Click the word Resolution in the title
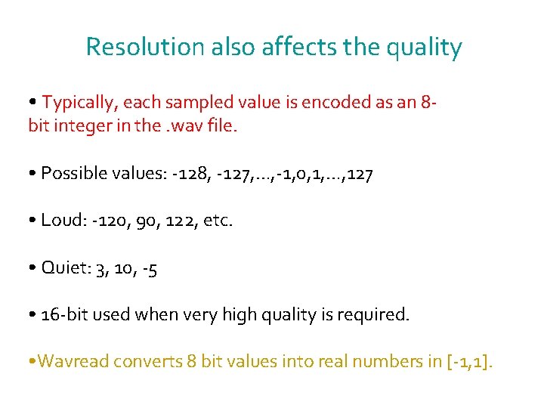coord(144,47)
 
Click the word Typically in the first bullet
coord(79,102)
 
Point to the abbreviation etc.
coord(218,221)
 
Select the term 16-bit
coord(65,315)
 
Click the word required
coord(377,315)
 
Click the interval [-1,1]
coord(469,362)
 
